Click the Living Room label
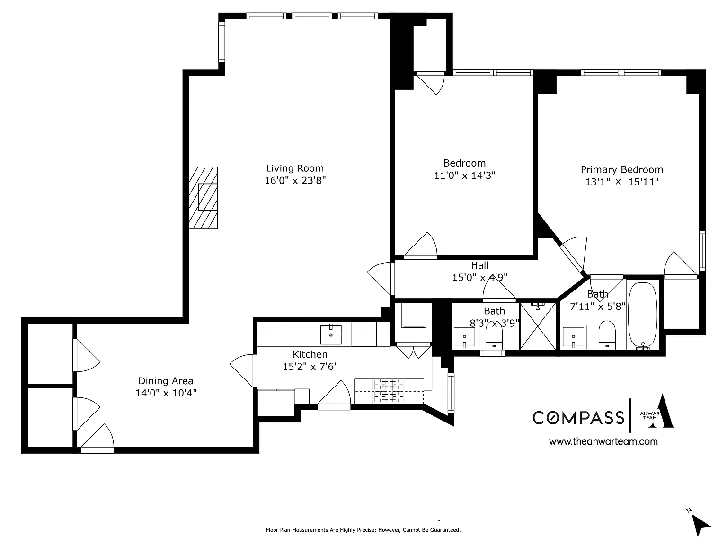pyautogui.click(x=295, y=168)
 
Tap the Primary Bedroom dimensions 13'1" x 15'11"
pyautogui.click(x=621, y=182)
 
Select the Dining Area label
pyautogui.click(x=166, y=381)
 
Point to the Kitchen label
pyautogui.click(x=310, y=354)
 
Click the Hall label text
pyautogui.click(x=479, y=265)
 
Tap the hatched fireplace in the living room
pyautogui.click(x=204, y=198)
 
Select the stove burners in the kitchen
pyautogui.click(x=389, y=390)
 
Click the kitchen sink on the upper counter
pyautogui.click(x=330, y=334)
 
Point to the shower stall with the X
pyautogui.click(x=538, y=325)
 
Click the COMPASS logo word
pyautogui.click(x=578, y=418)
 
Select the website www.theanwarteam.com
pyautogui.click(x=603, y=441)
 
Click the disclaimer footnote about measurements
pyautogui.click(x=363, y=530)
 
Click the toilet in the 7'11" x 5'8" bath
pyautogui.click(x=607, y=335)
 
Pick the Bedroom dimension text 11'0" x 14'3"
pyautogui.click(x=465, y=175)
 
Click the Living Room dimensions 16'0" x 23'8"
pyautogui.click(x=295, y=180)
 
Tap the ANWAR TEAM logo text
pyautogui.click(x=650, y=415)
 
